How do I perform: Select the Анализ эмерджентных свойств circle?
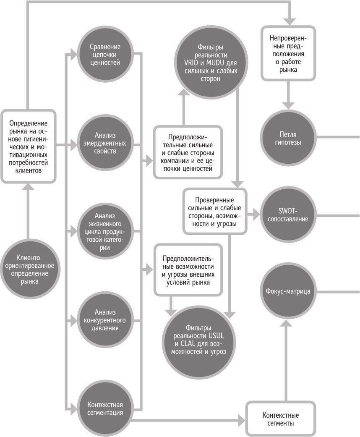105,143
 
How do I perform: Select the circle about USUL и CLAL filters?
198,340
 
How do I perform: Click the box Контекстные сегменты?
277,419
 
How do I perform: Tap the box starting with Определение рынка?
28,146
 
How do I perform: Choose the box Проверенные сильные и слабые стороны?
214,211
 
